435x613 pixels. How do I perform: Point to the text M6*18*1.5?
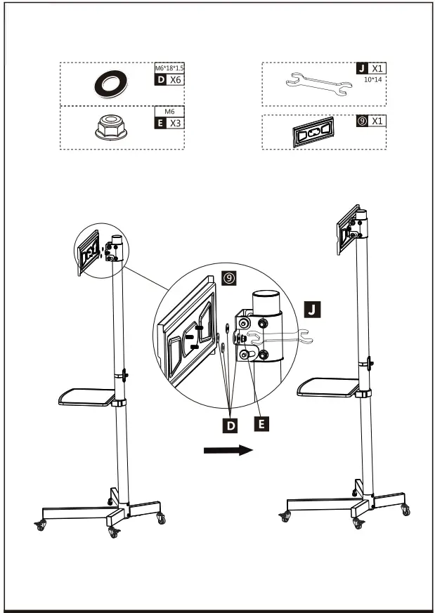tap(169, 69)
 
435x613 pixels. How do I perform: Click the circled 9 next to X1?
tap(361, 121)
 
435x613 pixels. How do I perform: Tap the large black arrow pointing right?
tap(227, 450)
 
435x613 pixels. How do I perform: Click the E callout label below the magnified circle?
tap(261, 423)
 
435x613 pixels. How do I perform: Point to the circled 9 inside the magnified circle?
tap(228, 279)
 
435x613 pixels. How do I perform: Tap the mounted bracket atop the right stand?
tap(346, 228)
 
